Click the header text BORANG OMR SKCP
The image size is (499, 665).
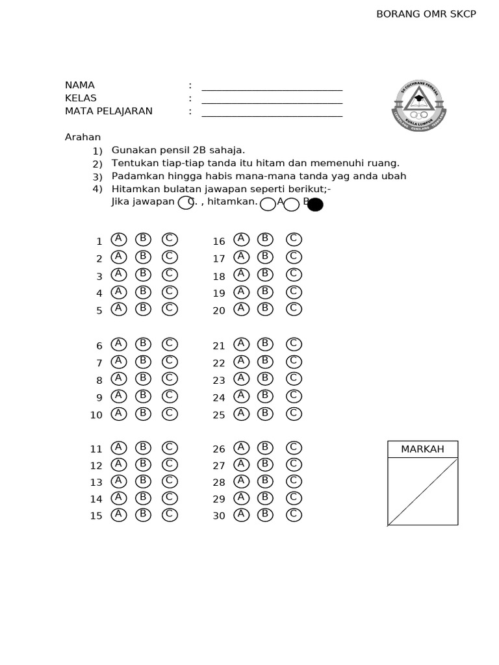(426, 14)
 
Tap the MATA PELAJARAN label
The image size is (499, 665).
(109, 111)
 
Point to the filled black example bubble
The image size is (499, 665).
(315, 205)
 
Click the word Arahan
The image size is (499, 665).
(83, 137)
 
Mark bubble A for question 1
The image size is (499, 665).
(118, 239)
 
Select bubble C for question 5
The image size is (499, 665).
(170, 308)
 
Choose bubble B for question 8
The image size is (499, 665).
(144, 378)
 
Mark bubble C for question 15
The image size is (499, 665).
(170, 514)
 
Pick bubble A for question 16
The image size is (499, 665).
(241, 239)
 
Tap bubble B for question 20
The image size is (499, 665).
(265, 308)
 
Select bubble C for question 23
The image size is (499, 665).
(294, 378)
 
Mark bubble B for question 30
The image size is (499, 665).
(265, 514)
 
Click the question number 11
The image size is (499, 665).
(96, 449)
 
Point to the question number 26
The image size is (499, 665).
(219, 449)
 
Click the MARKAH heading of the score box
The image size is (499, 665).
(422, 449)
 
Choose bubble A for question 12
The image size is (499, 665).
(118, 464)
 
